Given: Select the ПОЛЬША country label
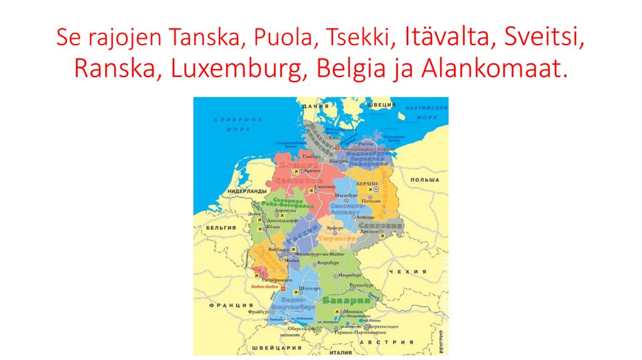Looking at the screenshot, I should point(424,179).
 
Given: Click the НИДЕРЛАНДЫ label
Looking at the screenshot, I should point(248,191).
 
